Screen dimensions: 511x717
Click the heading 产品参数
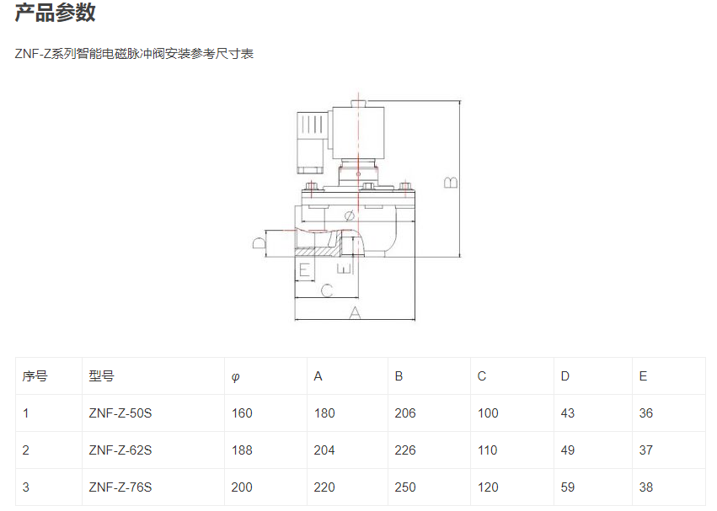pos(56,13)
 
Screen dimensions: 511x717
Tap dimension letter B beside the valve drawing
pos(451,182)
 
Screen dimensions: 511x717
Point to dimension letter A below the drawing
pos(355,312)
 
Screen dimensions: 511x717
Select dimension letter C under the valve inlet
pos(327,290)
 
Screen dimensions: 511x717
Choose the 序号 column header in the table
pos(35,376)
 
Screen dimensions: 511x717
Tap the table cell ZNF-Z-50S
pos(120,413)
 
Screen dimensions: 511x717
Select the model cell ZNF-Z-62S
pos(120,450)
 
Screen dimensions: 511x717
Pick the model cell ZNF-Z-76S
pos(120,487)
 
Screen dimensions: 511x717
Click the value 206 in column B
pos(405,413)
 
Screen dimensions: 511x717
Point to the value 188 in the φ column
pos(242,450)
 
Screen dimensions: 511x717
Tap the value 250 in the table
pos(405,487)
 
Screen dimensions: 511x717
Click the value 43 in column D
pos(568,413)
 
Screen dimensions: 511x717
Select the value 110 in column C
pos(488,450)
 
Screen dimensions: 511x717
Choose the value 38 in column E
pos(646,487)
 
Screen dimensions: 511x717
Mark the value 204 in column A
pos(324,450)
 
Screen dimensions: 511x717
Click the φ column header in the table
pos(235,377)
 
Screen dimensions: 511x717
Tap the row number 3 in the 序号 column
pos(26,487)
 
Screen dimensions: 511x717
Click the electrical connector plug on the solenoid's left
pos(311,139)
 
